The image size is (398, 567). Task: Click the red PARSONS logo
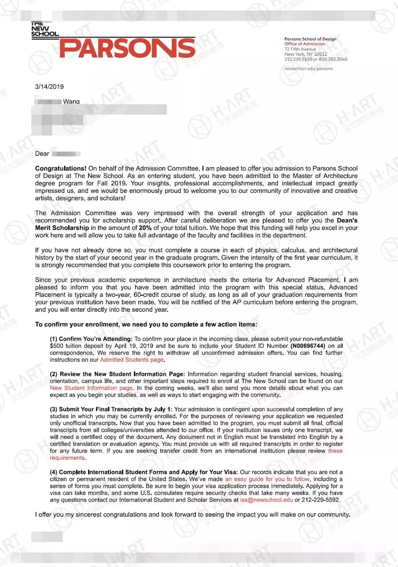pos(127,48)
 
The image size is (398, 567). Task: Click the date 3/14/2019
pos(49,87)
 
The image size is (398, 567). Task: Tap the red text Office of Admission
pos(304,44)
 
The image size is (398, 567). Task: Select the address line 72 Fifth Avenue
pos(300,49)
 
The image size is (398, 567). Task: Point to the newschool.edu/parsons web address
pos(308,69)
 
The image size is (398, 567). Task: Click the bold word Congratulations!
pos(60,168)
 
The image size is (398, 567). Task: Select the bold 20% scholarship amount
pos(145,228)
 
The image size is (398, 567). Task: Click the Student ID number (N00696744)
pos(308,346)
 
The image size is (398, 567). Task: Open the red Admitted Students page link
pos(132,360)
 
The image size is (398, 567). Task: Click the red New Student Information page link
pos(91,388)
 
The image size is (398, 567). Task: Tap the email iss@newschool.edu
pos(266,500)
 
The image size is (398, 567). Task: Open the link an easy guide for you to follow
pos(267,479)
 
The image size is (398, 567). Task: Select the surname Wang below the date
pos(71,101)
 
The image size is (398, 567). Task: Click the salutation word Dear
pos(42,154)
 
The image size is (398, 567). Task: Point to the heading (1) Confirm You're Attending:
pos(91,339)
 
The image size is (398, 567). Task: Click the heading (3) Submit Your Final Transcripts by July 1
pos(111,409)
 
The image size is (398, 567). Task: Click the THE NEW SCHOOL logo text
pos(45,29)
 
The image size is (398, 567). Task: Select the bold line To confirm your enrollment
pos(146,325)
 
